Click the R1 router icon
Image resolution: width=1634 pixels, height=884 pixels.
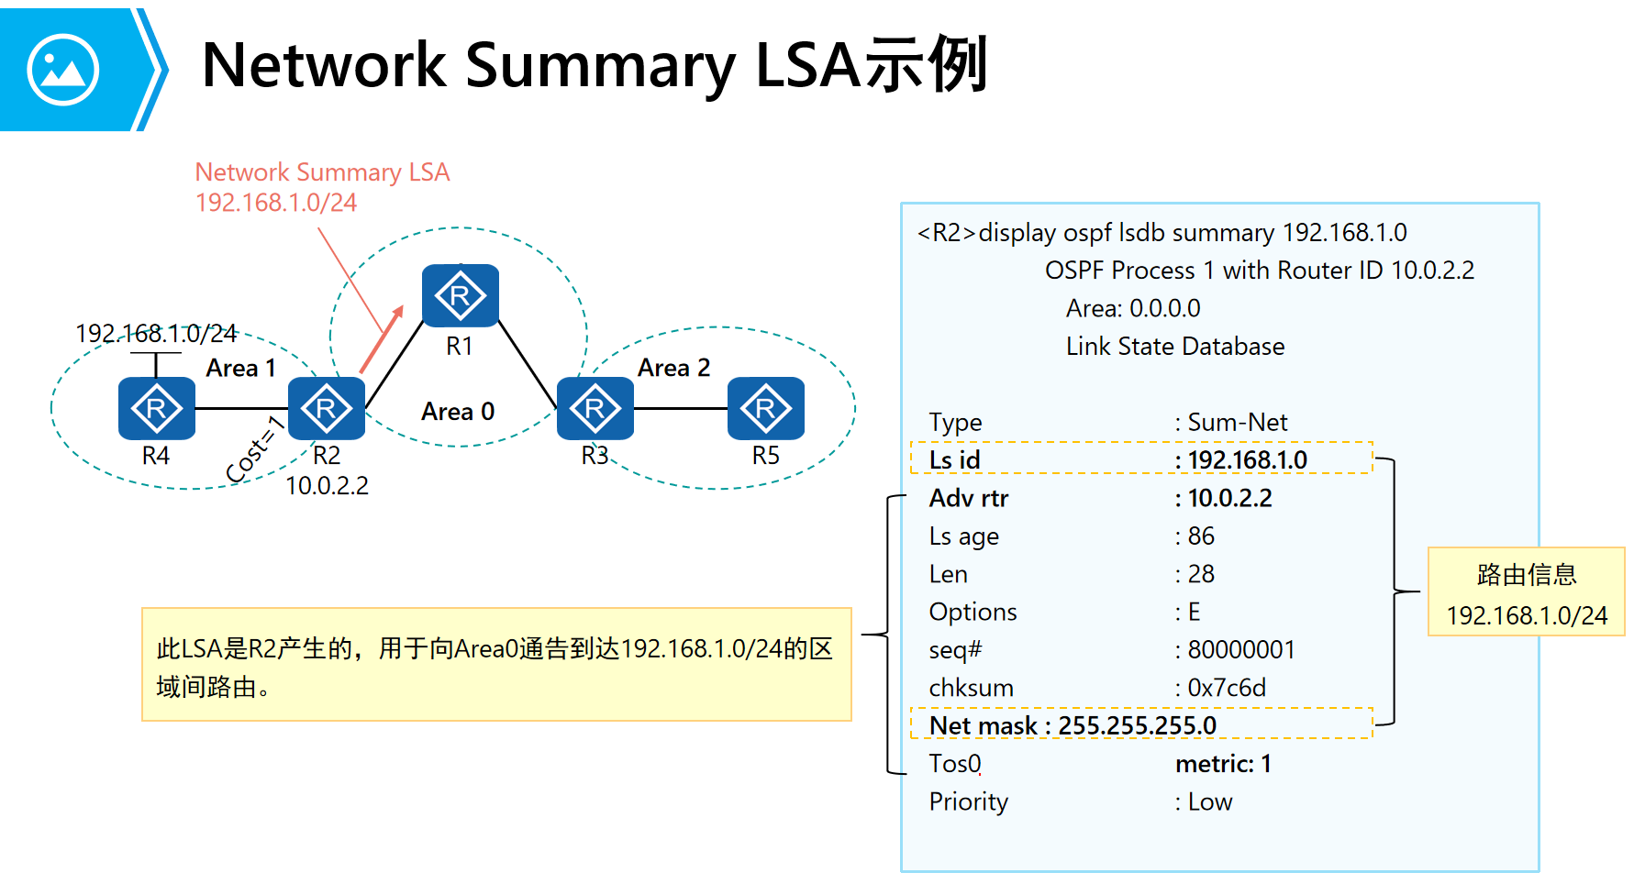(x=460, y=295)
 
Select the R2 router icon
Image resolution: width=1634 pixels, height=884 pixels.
(x=326, y=408)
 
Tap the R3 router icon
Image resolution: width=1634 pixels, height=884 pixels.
(x=595, y=408)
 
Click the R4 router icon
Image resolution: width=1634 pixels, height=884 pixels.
(x=156, y=408)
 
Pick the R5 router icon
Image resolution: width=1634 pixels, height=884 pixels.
(x=765, y=408)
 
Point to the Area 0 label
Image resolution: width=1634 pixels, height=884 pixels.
(x=458, y=412)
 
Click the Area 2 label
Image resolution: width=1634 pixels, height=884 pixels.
(x=673, y=368)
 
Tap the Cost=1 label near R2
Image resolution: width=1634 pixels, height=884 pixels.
(x=255, y=448)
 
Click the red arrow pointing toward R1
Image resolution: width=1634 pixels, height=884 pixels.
(x=382, y=339)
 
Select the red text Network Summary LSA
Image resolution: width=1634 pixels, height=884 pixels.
(x=322, y=172)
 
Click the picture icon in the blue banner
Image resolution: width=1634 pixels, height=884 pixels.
(x=62, y=70)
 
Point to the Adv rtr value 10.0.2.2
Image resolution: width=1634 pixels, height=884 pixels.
(x=1229, y=498)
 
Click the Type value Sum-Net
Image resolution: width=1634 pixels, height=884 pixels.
(x=1237, y=422)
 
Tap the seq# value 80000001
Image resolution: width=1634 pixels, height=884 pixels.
(x=1240, y=649)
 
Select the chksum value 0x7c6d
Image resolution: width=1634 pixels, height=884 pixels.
(x=1226, y=688)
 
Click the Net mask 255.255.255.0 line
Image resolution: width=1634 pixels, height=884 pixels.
(x=1073, y=725)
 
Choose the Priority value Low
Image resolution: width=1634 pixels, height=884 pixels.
(x=1209, y=801)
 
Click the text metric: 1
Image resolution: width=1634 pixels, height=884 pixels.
(x=1223, y=764)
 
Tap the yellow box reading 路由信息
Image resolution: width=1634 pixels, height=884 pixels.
(x=1526, y=591)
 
